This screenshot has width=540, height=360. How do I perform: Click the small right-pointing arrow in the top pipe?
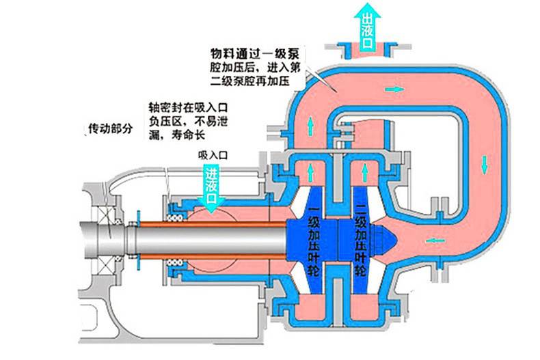pos(394,89)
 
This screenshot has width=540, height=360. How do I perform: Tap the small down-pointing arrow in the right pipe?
pos(484,163)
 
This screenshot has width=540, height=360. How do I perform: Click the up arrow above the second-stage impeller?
pos(364,169)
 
